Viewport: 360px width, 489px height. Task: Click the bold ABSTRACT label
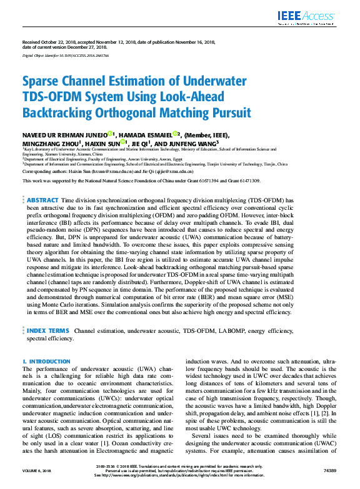42,199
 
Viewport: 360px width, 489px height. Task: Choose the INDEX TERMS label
48,330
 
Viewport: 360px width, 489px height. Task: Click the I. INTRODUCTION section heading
46,362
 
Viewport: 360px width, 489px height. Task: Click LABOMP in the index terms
235,330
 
